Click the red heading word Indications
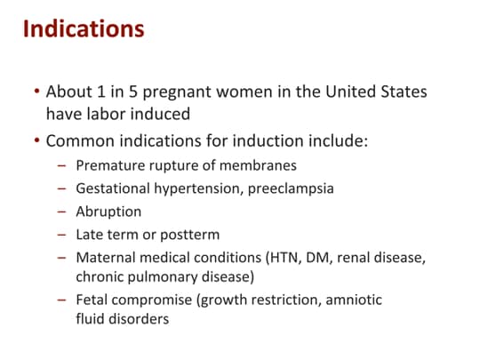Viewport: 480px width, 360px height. pos(84,28)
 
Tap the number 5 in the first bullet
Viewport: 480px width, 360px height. pos(132,92)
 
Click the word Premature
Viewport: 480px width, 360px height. pos(110,165)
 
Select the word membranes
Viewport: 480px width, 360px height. pos(258,165)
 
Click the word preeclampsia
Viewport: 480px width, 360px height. pos(291,188)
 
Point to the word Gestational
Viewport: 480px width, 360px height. pos(113,188)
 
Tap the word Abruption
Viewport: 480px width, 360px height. pos(108,212)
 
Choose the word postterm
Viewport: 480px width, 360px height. pos(190,235)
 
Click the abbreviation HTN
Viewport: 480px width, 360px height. pos(284,258)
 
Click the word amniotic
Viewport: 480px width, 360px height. pos(354,300)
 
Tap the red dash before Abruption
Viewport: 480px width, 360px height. pos(61,212)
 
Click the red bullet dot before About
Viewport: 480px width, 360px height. pos(37,91)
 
